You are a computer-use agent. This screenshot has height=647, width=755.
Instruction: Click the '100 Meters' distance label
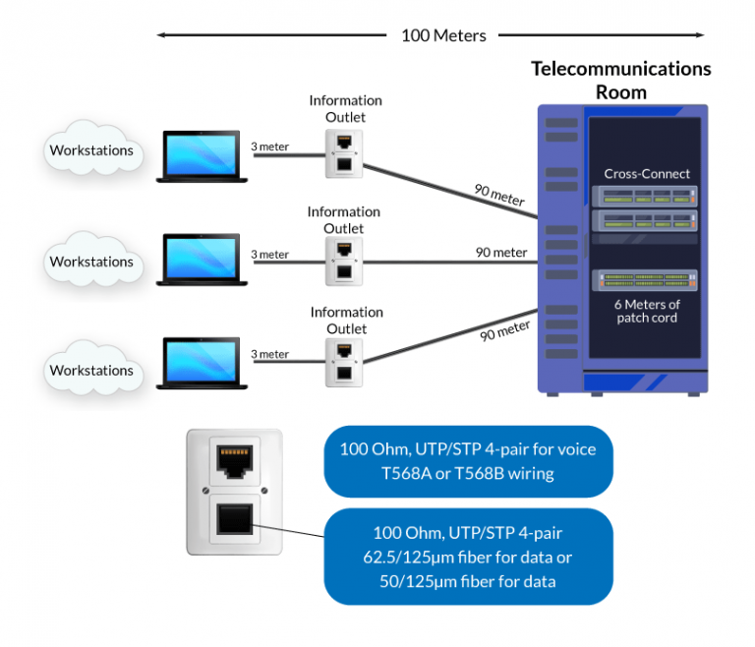443,35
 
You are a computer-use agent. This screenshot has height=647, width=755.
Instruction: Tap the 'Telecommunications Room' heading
621,81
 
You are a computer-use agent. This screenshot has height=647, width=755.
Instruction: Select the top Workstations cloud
91,151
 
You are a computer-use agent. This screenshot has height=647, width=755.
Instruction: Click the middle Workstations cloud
91,262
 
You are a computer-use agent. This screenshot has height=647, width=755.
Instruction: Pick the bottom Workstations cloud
91,371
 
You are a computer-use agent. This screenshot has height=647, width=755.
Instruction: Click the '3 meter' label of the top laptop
270,147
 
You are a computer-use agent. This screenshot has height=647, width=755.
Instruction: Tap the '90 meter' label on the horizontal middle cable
501,253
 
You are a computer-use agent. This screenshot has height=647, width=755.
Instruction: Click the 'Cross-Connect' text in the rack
647,174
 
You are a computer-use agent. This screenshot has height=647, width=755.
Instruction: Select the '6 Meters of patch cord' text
647,311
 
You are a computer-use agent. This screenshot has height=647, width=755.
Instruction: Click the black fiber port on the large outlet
234,519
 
